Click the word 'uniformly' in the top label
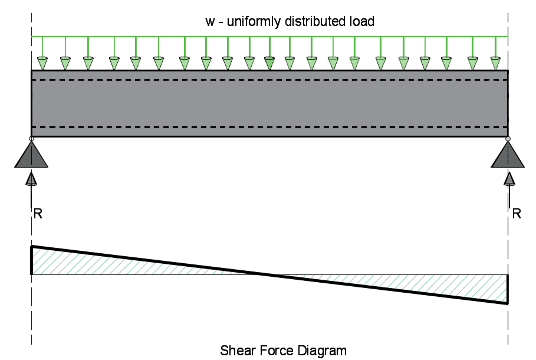248,22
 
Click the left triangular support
31,155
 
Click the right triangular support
508,155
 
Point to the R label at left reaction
38,214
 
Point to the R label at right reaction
517,214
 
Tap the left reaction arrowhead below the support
31,177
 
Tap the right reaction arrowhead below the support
508,177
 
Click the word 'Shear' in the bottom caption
236,351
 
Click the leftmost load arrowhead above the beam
42,61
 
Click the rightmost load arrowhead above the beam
495,61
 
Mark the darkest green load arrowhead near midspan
269,61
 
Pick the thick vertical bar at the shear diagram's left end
32,260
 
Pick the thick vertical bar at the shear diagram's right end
507,289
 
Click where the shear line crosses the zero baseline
269,274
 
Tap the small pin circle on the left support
31,139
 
